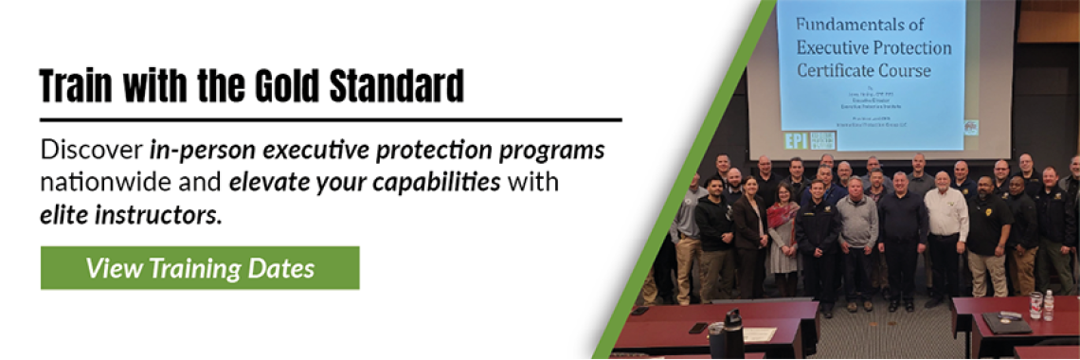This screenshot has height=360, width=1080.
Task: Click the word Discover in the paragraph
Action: coord(91,151)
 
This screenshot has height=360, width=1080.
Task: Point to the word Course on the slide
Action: coord(906,70)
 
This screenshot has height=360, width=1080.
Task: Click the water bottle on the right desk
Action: coord(1047,305)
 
